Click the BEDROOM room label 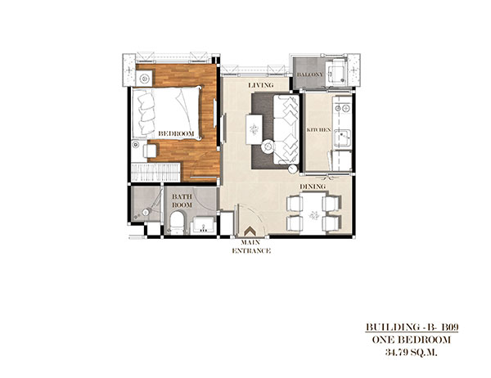click(x=176, y=133)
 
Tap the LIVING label click(x=261, y=85)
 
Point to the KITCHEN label click(x=319, y=129)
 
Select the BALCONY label click(x=309, y=74)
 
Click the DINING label click(x=313, y=187)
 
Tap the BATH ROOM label click(x=182, y=200)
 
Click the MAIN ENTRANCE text click(x=251, y=246)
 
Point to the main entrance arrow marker click(x=250, y=232)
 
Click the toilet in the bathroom click(x=178, y=223)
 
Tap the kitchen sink click(x=343, y=137)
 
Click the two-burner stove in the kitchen click(x=342, y=108)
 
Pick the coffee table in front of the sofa click(x=254, y=129)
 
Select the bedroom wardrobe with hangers click(x=155, y=172)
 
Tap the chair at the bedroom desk click(x=151, y=151)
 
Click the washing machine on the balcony click(x=336, y=72)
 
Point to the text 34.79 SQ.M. click(x=411, y=353)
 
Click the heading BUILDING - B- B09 click(x=412, y=327)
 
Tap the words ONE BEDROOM click(x=412, y=340)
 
